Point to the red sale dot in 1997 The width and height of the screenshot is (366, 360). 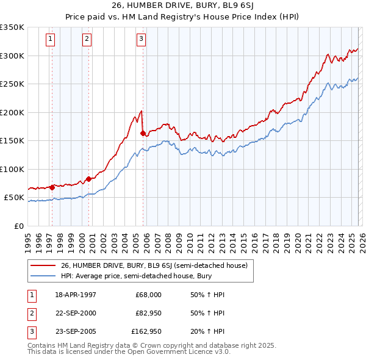pyautogui.click(x=52, y=187)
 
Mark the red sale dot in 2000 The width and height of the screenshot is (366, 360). pyautogui.click(x=89, y=179)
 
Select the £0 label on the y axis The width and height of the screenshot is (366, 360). pyautogui.click(x=20, y=226)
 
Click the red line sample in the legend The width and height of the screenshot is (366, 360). pyautogui.click(x=43, y=265)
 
